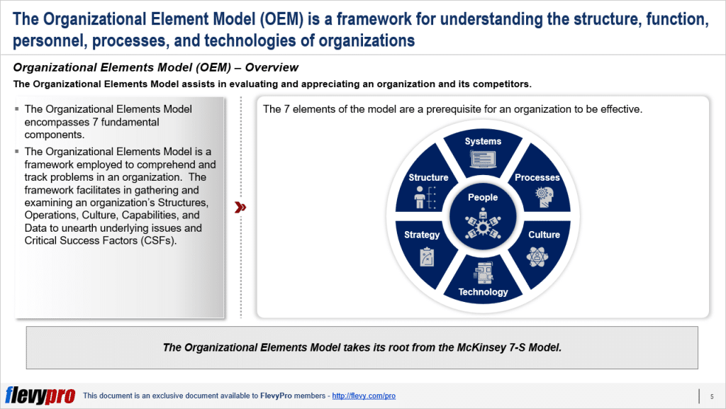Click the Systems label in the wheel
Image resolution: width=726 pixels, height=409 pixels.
click(x=483, y=142)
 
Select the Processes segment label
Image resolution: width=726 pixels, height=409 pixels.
click(x=537, y=178)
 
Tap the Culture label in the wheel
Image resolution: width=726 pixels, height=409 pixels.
click(x=544, y=235)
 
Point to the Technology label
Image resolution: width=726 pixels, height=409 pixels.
click(x=483, y=292)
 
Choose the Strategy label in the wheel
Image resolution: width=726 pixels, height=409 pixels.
click(x=422, y=235)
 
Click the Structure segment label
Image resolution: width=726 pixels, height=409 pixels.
click(x=428, y=178)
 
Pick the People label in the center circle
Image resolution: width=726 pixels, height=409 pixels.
click(x=483, y=198)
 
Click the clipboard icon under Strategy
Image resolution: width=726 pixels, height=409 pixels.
click(x=428, y=256)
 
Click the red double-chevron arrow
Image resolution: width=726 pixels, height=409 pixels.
click(x=240, y=207)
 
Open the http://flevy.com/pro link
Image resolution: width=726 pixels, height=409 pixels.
click(x=364, y=396)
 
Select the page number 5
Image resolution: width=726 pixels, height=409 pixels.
click(x=711, y=396)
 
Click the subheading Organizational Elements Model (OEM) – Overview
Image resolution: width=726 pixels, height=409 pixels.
click(x=156, y=68)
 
